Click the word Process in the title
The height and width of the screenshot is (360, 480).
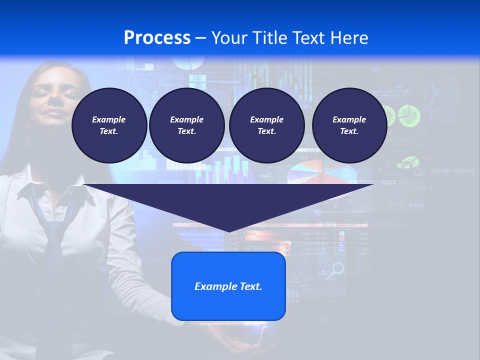click(x=157, y=38)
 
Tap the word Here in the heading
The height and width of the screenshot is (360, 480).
click(x=348, y=38)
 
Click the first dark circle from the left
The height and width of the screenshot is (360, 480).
click(x=109, y=125)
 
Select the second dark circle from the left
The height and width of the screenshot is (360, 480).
click(x=186, y=125)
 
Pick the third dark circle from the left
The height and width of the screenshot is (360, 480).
click(x=266, y=125)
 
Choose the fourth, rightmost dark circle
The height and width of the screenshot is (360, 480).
click(x=349, y=125)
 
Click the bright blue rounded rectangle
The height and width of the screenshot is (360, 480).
click(x=228, y=286)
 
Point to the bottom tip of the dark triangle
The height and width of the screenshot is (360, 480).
click(x=229, y=231)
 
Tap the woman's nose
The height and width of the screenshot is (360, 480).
click(x=56, y=100)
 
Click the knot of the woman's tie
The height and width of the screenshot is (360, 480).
click(x=53, y=227)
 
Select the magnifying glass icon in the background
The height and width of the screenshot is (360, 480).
click(x=337, y=269)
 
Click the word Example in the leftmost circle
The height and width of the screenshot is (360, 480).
click(x=109, y=119)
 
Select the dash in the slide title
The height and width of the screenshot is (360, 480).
click(x=201, y=38)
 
